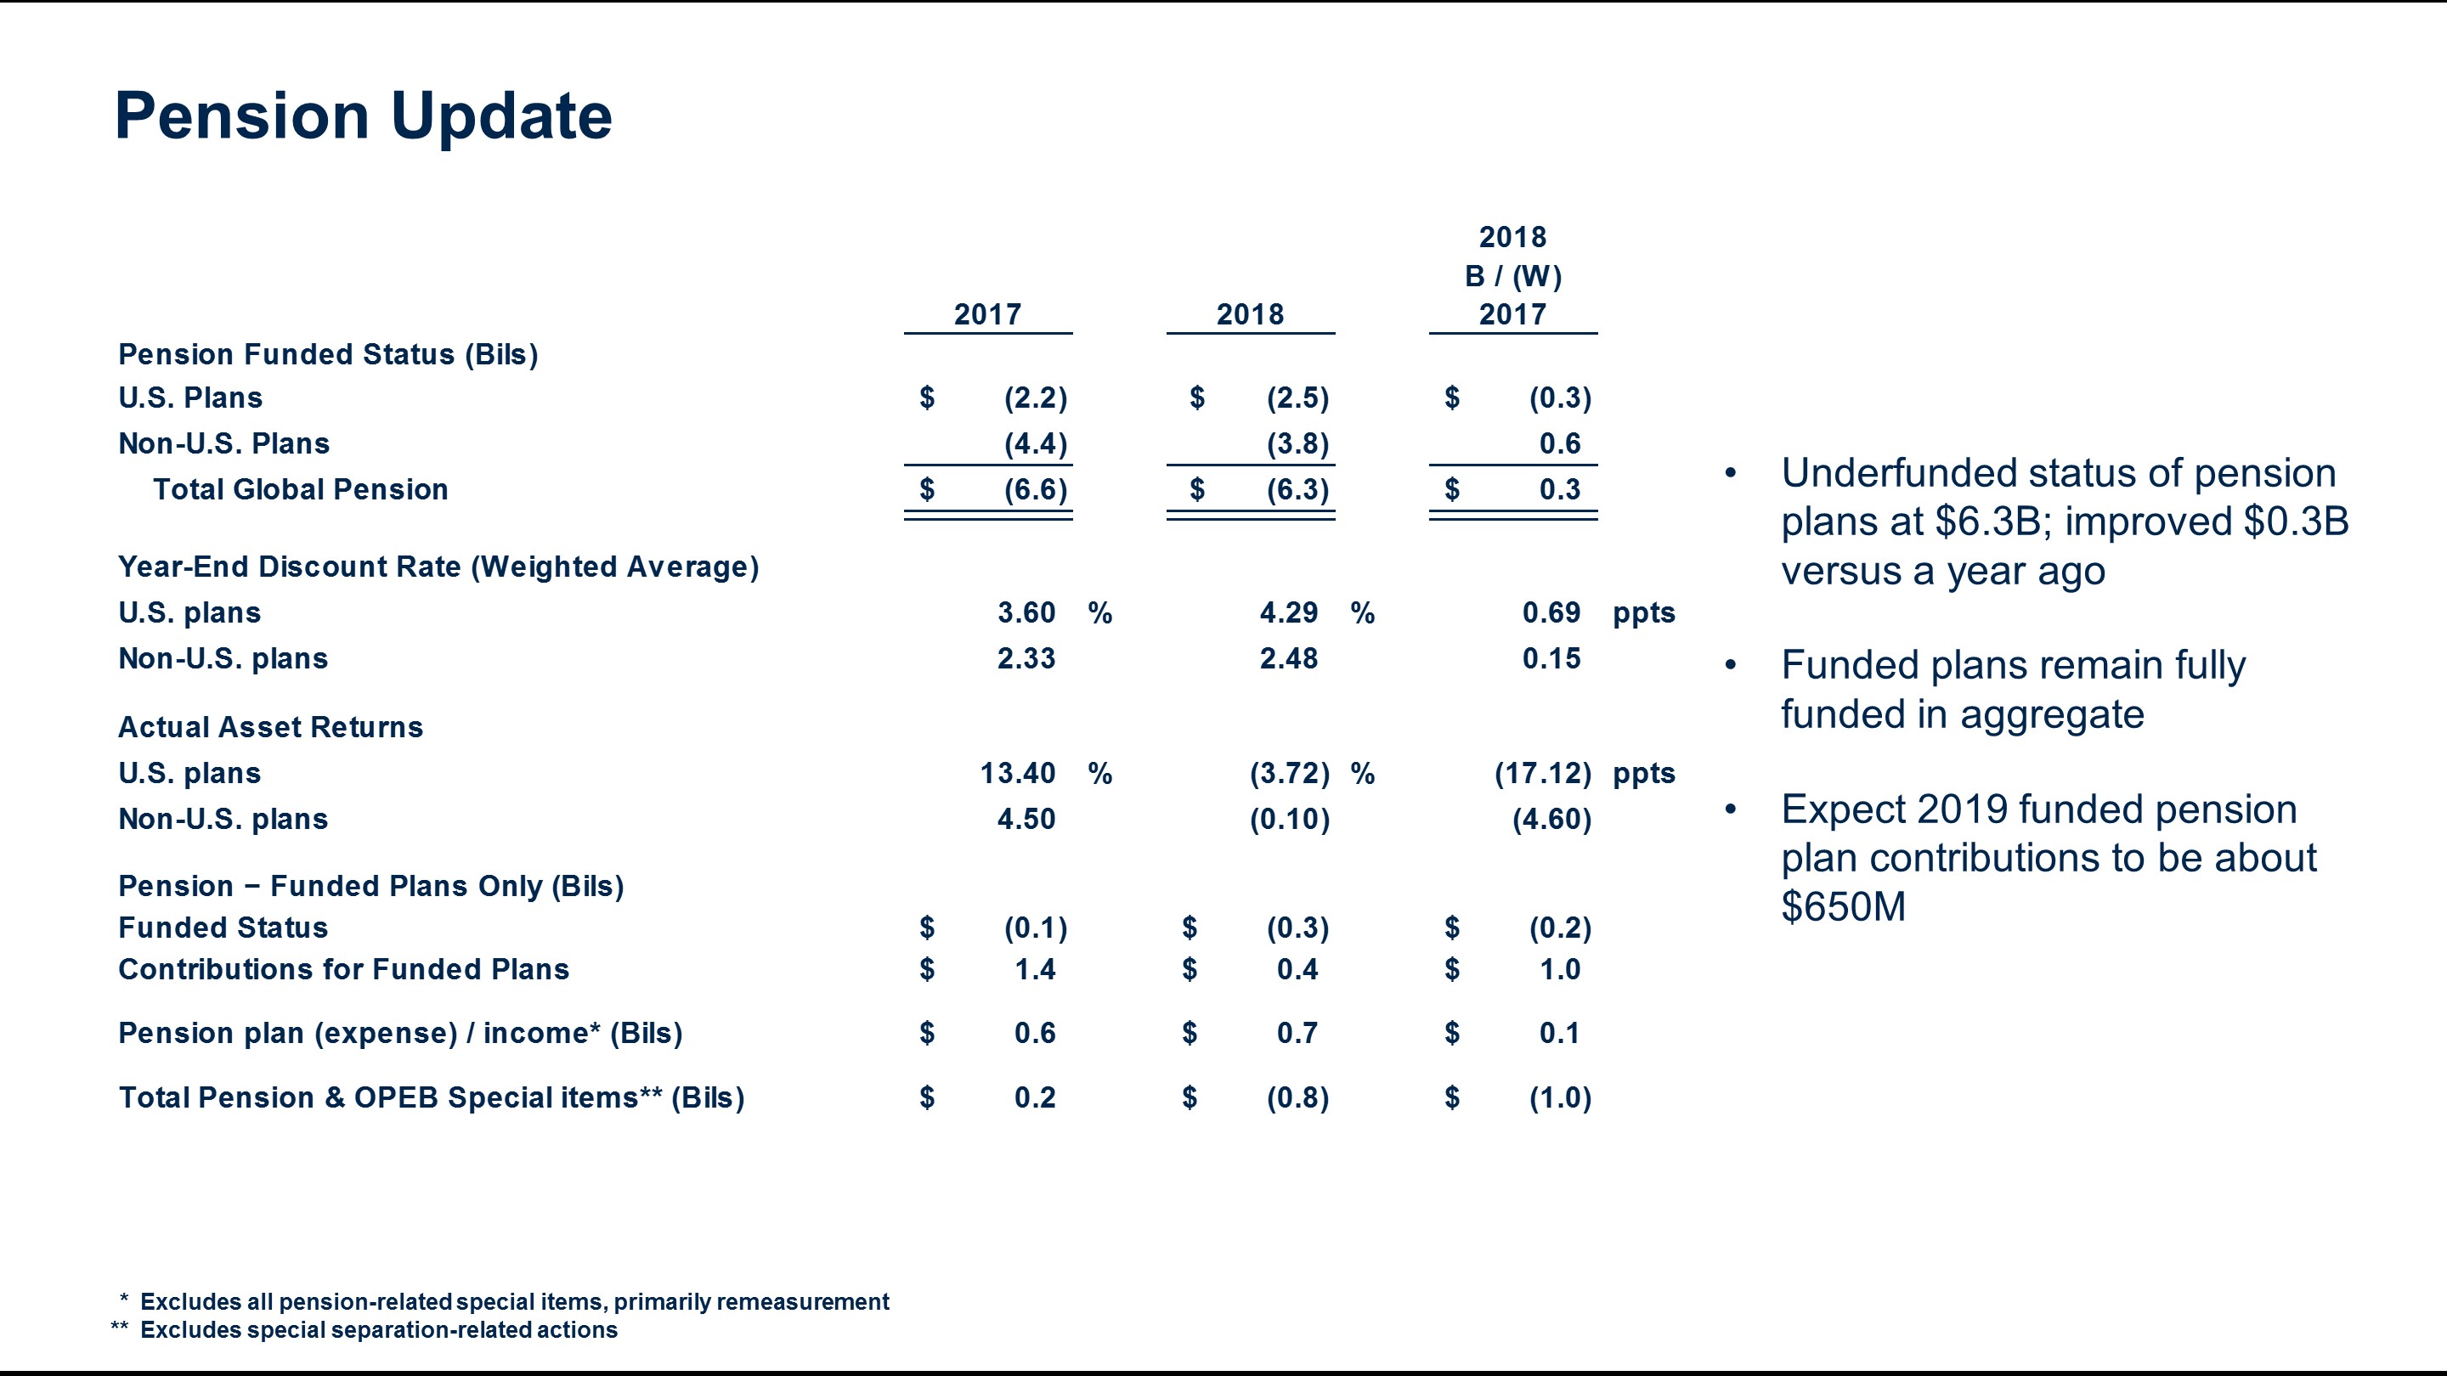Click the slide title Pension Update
pos(363,116)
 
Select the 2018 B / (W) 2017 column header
pos(1512,275)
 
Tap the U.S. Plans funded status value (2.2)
pos(1036,398)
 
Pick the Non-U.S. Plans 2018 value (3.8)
pos(1297,443)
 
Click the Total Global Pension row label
pos(300,489)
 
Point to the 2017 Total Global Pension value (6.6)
pos(1036,489)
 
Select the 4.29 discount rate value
pos(1288,612)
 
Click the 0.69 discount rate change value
pos(1551,612)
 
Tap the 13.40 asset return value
pos(1017,773)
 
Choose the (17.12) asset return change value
pos(1543,773)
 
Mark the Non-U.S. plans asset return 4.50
pos(1026,819)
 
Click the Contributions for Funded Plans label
pos(344,968)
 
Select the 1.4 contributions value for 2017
pos(1035,968)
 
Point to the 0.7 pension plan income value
pos(1297,1032)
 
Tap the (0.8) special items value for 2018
pos(1297,1097)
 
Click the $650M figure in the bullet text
pos(1843,907)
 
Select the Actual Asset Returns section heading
pos(271,726)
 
